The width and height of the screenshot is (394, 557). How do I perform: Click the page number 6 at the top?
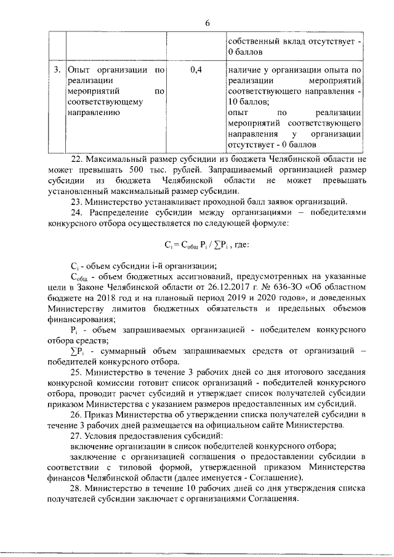pyautogui.click(x=207, y=22)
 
